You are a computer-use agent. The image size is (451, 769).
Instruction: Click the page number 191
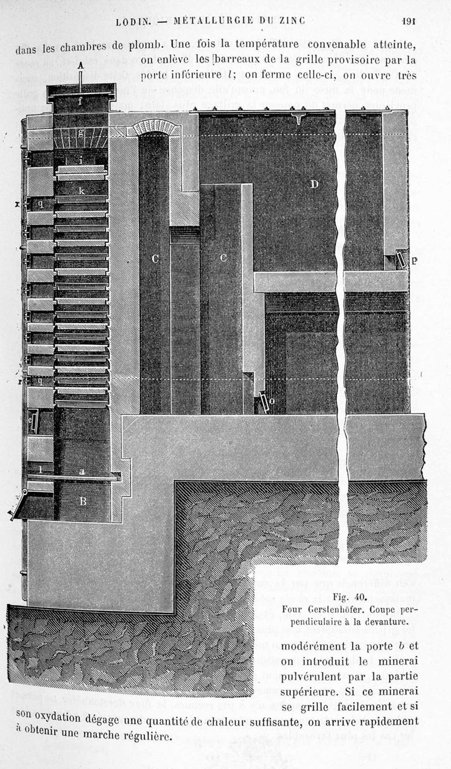pos(408,21)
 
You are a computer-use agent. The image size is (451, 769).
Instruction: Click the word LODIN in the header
pos(132,22)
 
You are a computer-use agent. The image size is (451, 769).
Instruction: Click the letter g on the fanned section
pos(81,133)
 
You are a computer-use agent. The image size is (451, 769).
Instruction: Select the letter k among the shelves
pos(81,192)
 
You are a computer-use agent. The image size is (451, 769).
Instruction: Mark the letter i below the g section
pos(81,161)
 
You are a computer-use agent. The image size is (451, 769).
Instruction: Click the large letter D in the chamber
pos(313,184)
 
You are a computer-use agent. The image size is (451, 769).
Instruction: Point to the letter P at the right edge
pos(415,260)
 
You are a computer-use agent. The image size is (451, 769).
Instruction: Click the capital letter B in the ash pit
pos(82,501)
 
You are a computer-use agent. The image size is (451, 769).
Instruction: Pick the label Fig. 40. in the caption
pos(350,597)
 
